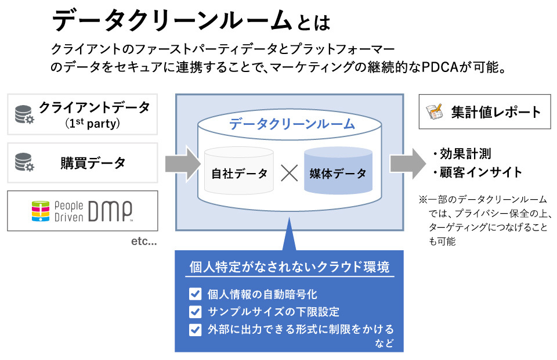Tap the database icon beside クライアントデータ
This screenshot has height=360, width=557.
pyautogui.click(x=24, y=114)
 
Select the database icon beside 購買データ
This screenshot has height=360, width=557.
pyautogui.click(x=24, y=163)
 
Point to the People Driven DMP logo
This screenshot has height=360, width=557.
pyautogui.click(x=82, y=211)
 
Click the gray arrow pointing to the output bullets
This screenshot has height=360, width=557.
pyautogui.click(x=405, y=163)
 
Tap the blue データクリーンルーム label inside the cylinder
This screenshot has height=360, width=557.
pyautogui.click(x=291, y=124)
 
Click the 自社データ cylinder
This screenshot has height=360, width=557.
pyautogui.click(x=239, y=172)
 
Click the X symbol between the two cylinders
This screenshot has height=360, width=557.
pyautogui.click(x=288, y=173)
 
